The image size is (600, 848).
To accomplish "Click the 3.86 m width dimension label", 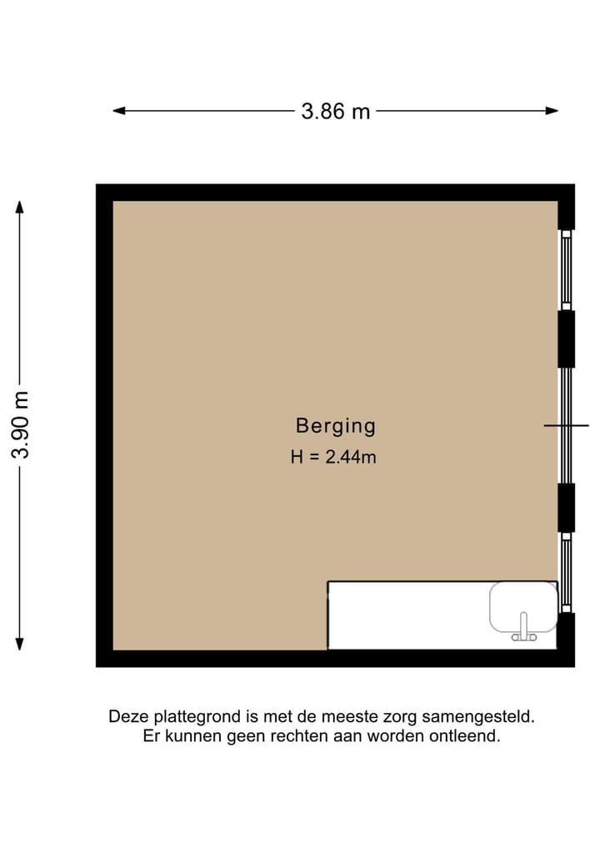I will [x=335, y=111].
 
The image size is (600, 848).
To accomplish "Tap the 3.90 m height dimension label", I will [x=21, y=424].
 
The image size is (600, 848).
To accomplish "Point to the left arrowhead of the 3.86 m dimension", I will [x=118, y=110].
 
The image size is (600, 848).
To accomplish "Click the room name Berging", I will [x=335, y=426].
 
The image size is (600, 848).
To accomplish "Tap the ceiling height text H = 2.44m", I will [x=333, y=456].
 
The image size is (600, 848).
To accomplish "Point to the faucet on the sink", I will [x=523, y=628].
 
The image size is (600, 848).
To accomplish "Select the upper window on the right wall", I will [x=566, y=269].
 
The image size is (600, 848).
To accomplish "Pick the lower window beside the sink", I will [x=566, y=572].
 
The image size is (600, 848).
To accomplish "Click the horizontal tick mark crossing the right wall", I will [x=567, y=425].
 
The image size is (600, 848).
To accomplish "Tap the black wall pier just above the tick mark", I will [x=566, y=339].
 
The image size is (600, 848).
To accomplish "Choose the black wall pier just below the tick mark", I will [x=566, y=507].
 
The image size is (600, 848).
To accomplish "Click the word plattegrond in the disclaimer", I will [x=179, y=716].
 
